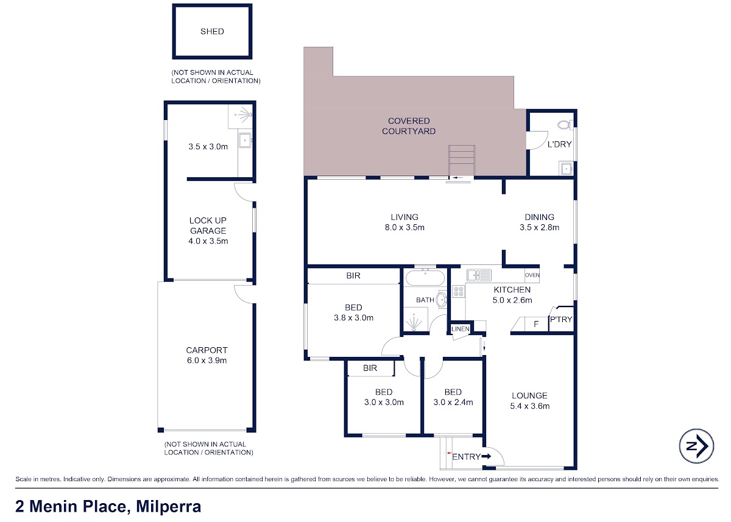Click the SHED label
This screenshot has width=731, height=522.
point(212,31)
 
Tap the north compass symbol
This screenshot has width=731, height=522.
point(696,446)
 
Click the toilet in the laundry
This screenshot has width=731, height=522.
point(565,125)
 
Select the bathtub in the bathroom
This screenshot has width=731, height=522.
point(425,278)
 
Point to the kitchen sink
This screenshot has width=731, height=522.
point(479,275)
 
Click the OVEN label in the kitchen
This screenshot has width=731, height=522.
point(532,275)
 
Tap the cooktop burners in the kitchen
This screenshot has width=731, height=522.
point(459,291)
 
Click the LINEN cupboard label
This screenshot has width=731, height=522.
point(461,329)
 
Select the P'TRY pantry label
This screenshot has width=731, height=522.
point(561,319)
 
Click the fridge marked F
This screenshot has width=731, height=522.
point(536,324)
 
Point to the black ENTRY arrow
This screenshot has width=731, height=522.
point(486,456)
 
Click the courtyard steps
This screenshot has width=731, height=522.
point(462,161)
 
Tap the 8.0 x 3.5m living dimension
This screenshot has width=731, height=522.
point(404,227)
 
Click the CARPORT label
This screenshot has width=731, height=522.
point(207,350)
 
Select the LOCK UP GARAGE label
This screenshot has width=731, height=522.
point(208,225)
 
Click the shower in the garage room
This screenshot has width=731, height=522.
point(240,116)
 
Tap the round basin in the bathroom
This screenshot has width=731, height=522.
point(442,300)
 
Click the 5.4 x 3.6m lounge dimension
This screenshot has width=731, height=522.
point(529,406)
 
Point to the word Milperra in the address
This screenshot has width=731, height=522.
point(168,506)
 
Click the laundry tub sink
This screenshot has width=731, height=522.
point(566,168)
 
